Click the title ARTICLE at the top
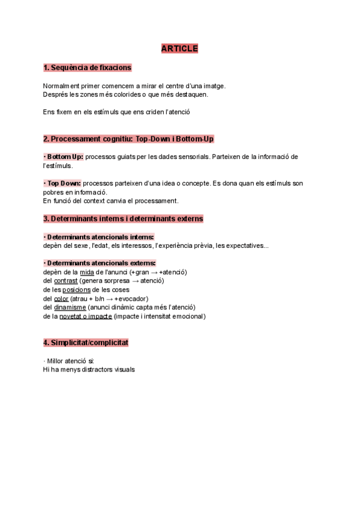[x=179, y=49]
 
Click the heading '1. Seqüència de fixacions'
[x=87, y=68]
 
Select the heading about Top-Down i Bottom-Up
[x=128, y=139]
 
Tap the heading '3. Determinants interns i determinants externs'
[x=123, y=218]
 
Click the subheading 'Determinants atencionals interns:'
[x=99, y=237]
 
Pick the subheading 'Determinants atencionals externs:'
[x=100, y=263]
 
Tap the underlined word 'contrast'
[x=65, y=281]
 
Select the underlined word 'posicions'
[x=76, y=290]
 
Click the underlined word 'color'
[x=61, y=298]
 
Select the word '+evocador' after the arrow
[x=130, y=298]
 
